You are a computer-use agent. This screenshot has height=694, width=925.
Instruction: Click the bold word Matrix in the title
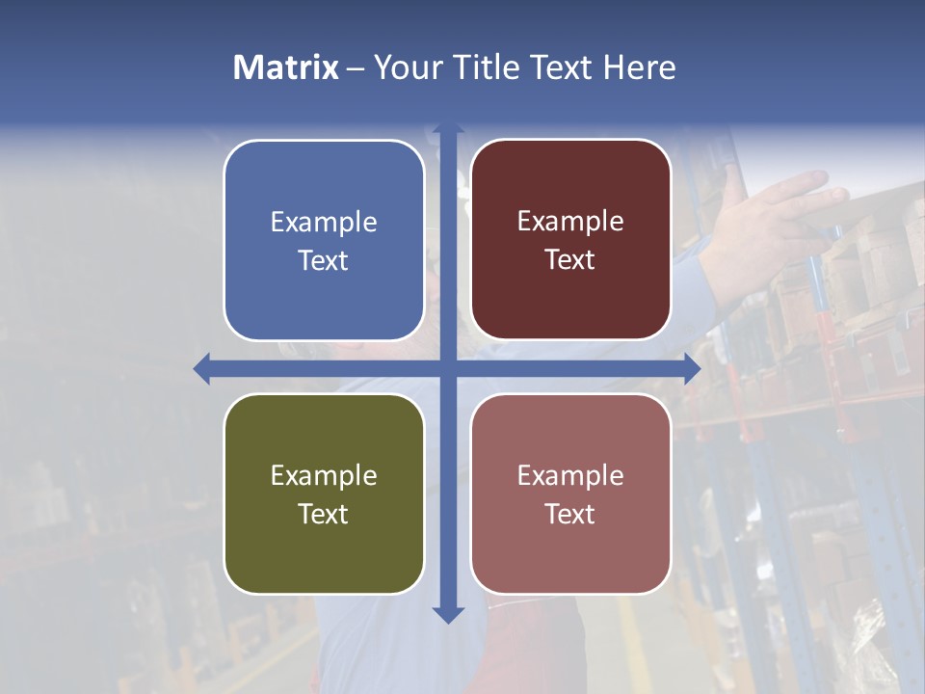[286, 67]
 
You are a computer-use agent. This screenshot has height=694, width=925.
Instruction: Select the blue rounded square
[324, 240]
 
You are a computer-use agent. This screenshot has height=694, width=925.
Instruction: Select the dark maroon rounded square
[570, 240]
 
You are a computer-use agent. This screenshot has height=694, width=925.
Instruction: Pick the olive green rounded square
[324, 494]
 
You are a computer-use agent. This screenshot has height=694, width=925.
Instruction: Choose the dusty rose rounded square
[570, 494]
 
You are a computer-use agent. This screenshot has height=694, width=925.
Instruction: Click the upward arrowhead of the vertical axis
[448, 130]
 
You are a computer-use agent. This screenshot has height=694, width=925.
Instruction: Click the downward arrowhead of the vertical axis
[448, 614]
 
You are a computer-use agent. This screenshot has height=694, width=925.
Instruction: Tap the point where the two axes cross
[448, 368]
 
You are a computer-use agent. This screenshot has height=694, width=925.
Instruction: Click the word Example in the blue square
[324, 222]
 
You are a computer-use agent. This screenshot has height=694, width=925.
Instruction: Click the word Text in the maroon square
[570, 260]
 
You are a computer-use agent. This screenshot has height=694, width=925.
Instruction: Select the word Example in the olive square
[324, 475]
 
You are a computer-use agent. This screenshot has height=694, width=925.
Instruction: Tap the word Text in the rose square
[570, 514]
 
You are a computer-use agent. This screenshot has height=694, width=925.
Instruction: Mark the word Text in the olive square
[324, 514]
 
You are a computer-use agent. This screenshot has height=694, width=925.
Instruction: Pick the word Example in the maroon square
[570, 222]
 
